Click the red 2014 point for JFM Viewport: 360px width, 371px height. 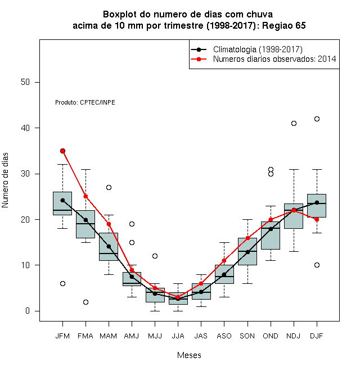(63, 151)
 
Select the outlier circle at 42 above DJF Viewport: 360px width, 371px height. (317, 119)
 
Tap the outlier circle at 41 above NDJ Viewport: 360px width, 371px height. (294, 123)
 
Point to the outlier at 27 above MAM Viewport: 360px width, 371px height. (109, 187)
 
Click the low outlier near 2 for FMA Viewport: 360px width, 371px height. (85, 302)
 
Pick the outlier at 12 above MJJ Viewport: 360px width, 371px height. (155, 256)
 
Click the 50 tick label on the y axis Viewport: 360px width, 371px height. (25, 82)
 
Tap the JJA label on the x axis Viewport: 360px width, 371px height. (178, 336)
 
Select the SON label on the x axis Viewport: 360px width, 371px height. (247, 336)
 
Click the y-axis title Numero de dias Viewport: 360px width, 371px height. (5, 180)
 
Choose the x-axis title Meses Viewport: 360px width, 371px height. (189, 355)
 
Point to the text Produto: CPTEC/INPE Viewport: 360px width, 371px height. (85, 102)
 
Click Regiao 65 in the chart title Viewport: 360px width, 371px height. (284, 25)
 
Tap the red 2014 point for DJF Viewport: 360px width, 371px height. (317, 220)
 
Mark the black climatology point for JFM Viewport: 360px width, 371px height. (63, 201)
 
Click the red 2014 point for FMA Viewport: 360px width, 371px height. (85, 197)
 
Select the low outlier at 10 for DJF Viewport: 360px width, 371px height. (317, 265)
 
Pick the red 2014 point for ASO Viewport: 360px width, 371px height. (224, 260)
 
